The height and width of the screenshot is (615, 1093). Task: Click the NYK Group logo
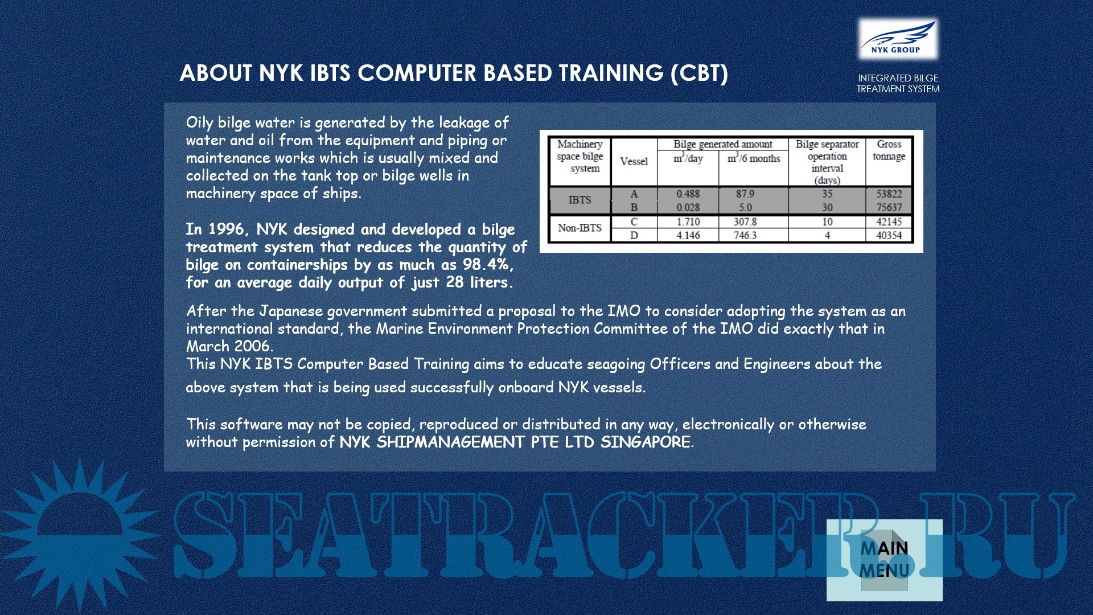pyautogui.click(x=898, y=38)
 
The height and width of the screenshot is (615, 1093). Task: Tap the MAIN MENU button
pyautogui.click(x=884, y=560)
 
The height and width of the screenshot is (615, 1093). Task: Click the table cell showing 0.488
pyautogui.click(x=688, y=194)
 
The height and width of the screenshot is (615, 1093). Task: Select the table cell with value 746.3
pyautogui.click(x=745, y=235)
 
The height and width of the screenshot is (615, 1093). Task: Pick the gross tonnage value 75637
pyautogui.click(x=889, y=207)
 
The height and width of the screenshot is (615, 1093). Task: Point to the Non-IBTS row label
pyautogui.click(x=580, y=228)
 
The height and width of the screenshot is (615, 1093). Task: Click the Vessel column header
pyautogui.click(x=634, y=161)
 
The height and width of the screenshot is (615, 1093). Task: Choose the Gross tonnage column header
pyautogui.click(x=889, y=150)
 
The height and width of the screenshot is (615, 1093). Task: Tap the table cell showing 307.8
pyautogui.click(x=745, y=222)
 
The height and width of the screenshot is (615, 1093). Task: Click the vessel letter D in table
pyautogui.click(x=634, y=235)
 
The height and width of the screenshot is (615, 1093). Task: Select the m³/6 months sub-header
pyautogui.click(x=754, y=158)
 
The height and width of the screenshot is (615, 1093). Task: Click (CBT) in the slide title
pyautogui.click(x=699, y=73)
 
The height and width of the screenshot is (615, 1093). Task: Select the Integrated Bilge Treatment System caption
pyautogui.click(x=898, y=83)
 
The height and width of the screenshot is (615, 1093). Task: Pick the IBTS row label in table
pyautogui.click(x=580, y=200)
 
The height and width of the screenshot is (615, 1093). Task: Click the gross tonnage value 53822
pyautogui.click(x=889, y=194)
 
